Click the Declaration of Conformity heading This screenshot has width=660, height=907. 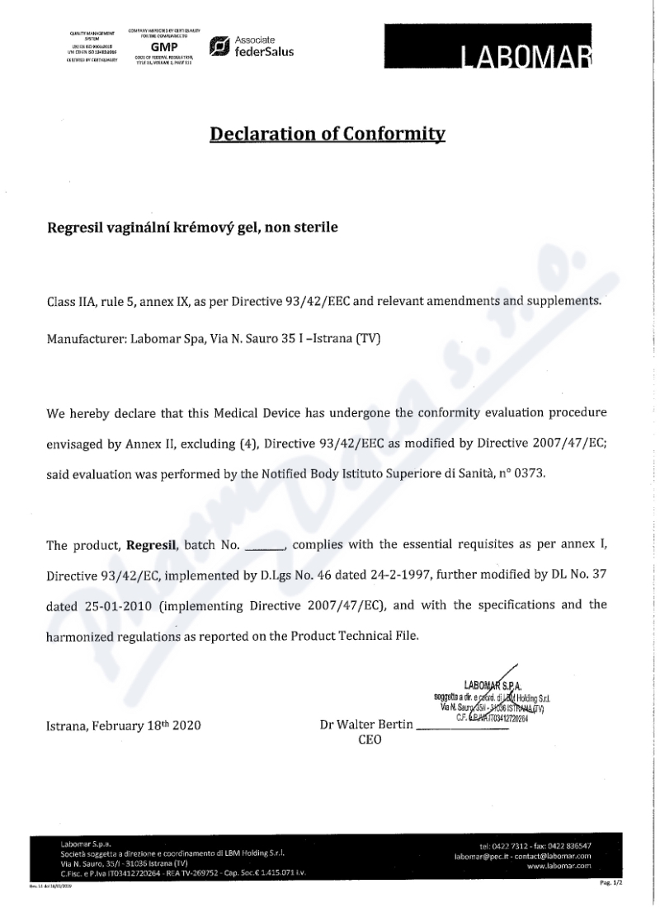pos(328,134)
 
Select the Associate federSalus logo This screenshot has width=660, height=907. pos(252,46)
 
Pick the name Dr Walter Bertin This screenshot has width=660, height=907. pos(367,726)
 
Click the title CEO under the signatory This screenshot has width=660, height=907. pos(370,740)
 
